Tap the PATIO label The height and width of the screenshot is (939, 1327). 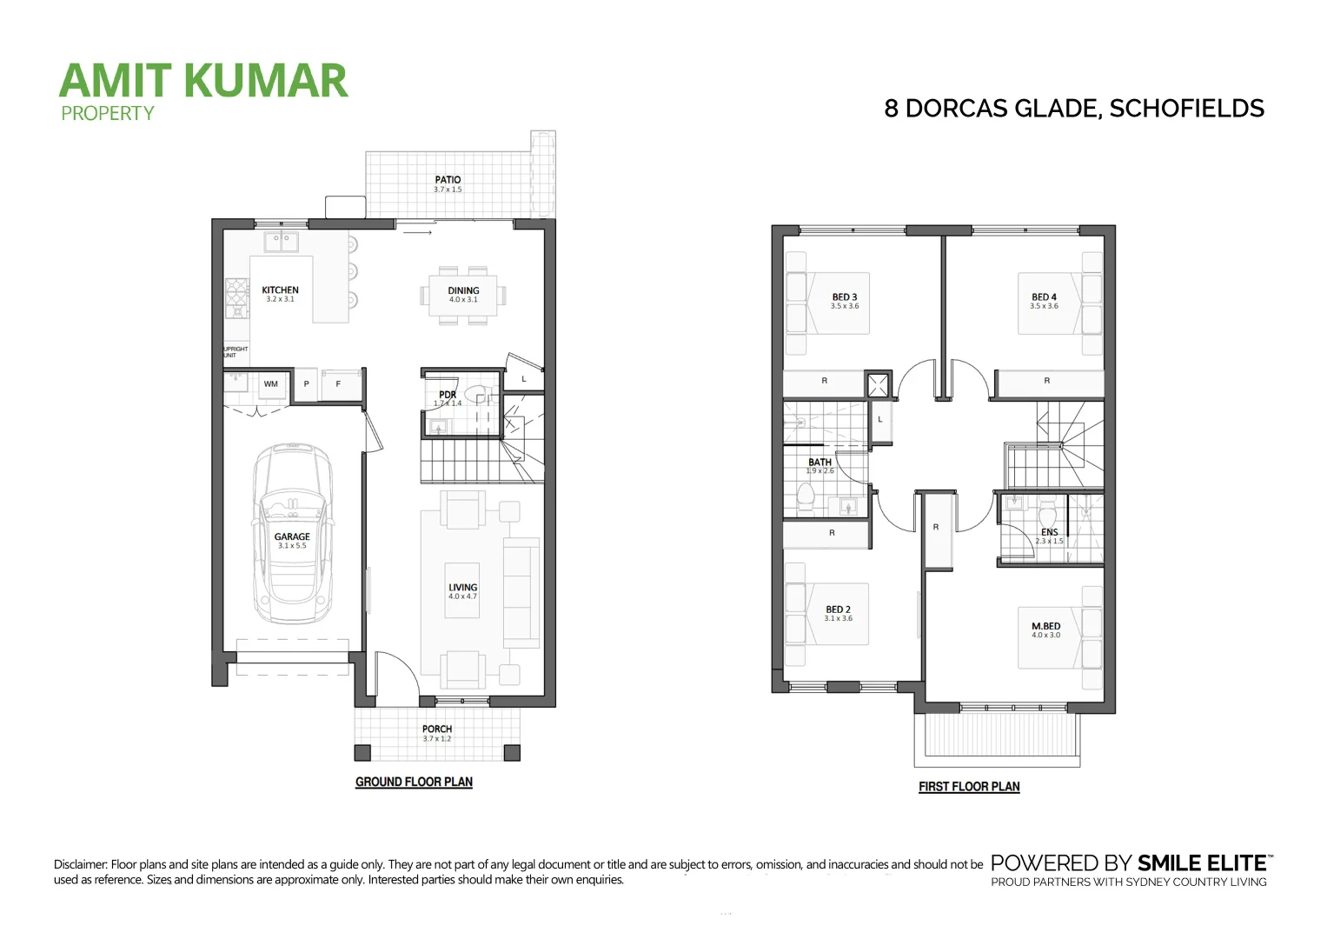pos(448,180)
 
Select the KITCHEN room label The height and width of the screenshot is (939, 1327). pos(280,290)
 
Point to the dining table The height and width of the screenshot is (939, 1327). pos(463,296)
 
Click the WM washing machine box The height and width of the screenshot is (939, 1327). pos(271,384)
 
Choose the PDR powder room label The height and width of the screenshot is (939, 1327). pos(448,396)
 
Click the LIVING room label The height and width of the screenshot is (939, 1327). pos(463,588)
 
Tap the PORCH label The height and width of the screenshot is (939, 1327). pos(437,729)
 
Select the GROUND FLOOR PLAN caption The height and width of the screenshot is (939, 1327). pos(414,782)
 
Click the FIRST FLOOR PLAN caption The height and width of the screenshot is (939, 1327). pos(969,787)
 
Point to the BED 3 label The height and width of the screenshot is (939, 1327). pos(845,297)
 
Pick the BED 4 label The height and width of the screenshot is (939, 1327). pos(1045,297)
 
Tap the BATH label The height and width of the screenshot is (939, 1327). pos(819,463)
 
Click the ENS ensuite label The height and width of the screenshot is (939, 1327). pos(1049,532)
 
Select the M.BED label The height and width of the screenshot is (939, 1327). pos(1045,626)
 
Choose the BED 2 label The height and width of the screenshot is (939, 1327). pos(838,609)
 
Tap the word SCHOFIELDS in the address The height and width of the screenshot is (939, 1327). pos(1186,109)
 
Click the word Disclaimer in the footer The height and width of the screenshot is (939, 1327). pos(81,864)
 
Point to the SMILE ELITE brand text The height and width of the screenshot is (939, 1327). pos(1200,863)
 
